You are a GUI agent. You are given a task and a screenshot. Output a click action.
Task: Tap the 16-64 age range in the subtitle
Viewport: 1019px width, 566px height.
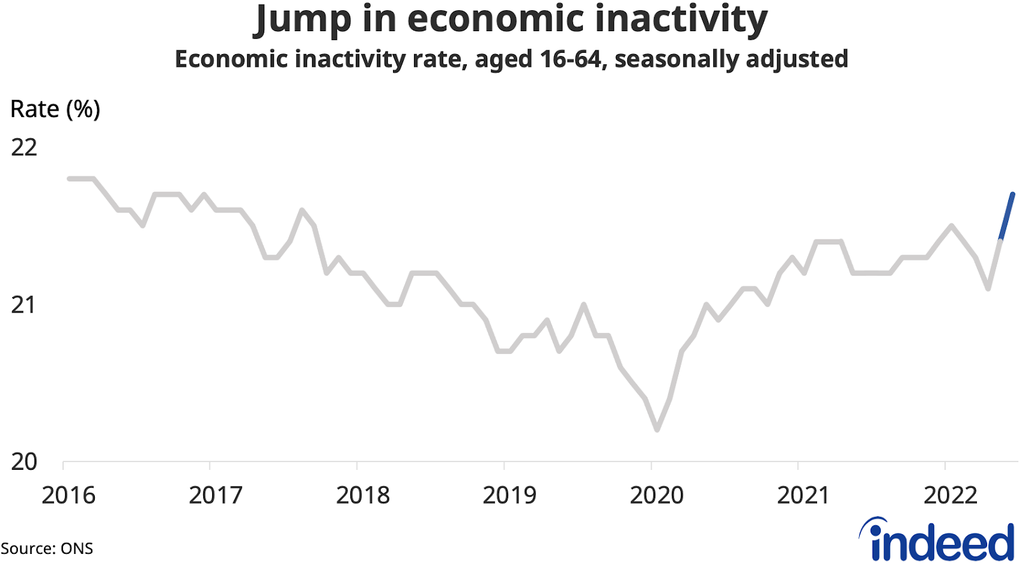(570, 59)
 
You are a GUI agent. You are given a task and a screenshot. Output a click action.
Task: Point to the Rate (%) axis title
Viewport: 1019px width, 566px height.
(55, 110)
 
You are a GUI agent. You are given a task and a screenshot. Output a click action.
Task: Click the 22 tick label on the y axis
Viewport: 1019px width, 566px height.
(24, 148)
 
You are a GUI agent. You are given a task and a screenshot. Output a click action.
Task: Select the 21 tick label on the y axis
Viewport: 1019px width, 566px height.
(24, 305)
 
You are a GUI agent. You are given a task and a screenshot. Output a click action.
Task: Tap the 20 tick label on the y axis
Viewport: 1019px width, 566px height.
(24, 462)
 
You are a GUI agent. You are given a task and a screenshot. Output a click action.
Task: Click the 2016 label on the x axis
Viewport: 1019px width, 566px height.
(68, 495)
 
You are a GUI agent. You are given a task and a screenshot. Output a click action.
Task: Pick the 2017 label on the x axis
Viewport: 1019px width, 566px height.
(215, 495)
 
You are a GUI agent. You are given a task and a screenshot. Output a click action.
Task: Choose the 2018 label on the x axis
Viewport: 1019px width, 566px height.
(362, 495)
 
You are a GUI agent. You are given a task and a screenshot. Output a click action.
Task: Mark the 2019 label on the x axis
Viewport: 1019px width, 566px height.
(509, 495)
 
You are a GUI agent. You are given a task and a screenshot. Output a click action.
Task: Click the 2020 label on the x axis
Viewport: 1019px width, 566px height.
(657, 495)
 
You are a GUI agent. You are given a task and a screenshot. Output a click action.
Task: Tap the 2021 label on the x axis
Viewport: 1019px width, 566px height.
(803, 495)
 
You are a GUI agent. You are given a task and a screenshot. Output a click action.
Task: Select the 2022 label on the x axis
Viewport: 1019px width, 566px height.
(950, 495)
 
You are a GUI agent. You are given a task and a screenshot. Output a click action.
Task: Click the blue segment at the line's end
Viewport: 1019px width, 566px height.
(1007, 216)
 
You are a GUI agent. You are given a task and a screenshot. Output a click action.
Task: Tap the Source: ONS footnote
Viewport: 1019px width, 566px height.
(46, 549)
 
